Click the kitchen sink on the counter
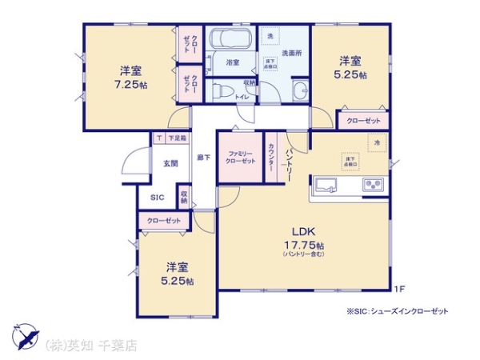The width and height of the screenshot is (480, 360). (327, 185)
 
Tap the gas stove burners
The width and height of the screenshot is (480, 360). (374, 185)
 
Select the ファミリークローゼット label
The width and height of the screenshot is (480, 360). (241, 157)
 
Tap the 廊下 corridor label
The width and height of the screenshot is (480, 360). (203, 158)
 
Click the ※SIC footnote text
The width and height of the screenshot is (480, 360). (397, 310)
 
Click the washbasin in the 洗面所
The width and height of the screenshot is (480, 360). (300, 90)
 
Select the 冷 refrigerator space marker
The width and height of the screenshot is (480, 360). (376, 142)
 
